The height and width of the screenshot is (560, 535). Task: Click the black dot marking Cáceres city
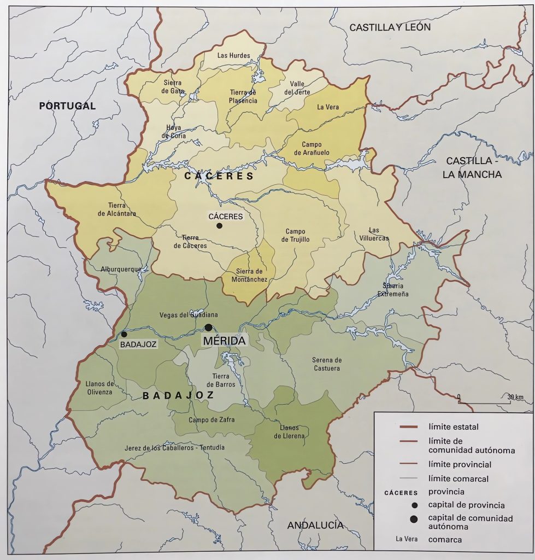pyautogui.click(x=219, y=225)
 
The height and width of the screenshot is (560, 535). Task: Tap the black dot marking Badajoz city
pyautogui.click(x=124, y=334)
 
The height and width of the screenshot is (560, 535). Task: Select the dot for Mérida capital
pyautogui.click(x=208, y=328)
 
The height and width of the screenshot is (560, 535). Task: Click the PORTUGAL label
pyautogui.click(x=67, y=106)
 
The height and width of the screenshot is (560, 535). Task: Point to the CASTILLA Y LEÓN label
pyautogui.click(x=390, y=27)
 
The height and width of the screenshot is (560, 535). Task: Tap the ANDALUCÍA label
pyautogui.click(x=315, y=525)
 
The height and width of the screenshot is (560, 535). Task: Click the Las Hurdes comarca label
pyautogui.click(x=233, y=55)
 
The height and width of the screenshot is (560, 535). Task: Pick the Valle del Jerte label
pyautogui.click(x=297, y=87)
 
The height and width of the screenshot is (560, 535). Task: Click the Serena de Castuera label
pyautogui.click(x=326, y=364)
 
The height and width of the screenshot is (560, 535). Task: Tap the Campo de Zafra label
pyautogui.click(x=207, y=420)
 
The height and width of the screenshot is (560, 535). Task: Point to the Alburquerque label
pyautogui.click(x=121, y=269)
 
